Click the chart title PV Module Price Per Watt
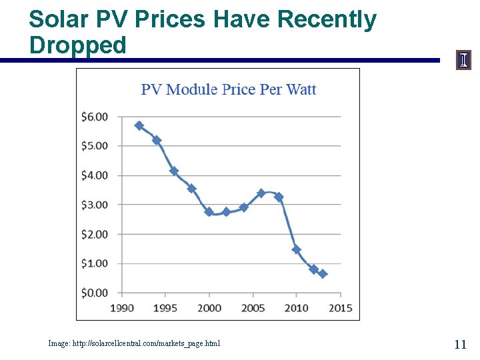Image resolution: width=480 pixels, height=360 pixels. (x=228, y=89)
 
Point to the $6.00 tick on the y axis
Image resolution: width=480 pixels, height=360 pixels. (x=94, y=117)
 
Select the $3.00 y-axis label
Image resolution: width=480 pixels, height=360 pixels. (x=94, y=205)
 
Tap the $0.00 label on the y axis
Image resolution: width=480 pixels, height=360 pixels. (x=94, y=293)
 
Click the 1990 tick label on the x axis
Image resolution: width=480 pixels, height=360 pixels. (x=121, y=307)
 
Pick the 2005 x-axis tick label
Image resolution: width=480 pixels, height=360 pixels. (x=253, y=307)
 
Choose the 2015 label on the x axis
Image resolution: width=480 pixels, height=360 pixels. (x=340, y=307)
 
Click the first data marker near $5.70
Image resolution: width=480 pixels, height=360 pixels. (x=139, y=125)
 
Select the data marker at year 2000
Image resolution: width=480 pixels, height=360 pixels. (x=209, y=212)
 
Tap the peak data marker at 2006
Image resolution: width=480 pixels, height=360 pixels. (x=261, y=193)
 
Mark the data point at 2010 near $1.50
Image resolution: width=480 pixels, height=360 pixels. (x=296, y=249)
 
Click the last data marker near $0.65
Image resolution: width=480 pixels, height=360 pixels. (x=323, y=274)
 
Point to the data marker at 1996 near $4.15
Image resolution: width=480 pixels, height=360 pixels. (x=174, y=171)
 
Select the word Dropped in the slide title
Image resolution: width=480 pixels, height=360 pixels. (x=78, y=45)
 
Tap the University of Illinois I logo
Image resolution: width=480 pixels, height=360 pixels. (x=463, y=60)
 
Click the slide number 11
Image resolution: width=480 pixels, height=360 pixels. (x=460, y=344)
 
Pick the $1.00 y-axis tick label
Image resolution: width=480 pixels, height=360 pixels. (x=94, y=263)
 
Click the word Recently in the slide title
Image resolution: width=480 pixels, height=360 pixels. (x=326, y=19)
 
